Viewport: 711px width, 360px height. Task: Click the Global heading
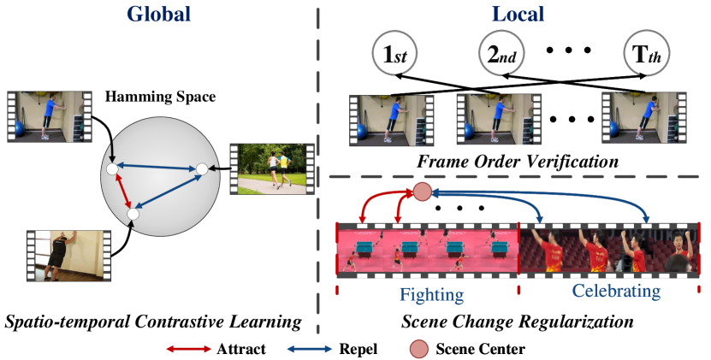click(x=158, y=15)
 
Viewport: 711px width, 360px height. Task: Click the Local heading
click(x=518, y=15)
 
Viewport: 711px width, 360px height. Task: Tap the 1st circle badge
click(x=393, y=56)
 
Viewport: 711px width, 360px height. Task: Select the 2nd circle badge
click(x=500, y=56)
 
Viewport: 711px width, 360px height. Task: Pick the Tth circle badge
click(x=648, y=56)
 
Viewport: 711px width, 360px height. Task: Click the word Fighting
click(x=431, y=296)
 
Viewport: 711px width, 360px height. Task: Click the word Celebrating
click(x=615, y=292)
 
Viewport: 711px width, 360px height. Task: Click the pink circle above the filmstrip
click(x=422, y=192)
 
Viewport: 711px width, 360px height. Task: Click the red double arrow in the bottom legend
click(x=188, y=349)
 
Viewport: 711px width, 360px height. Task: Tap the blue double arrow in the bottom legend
click(x=309, y=349)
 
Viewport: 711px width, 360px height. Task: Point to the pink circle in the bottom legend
click(x=418, y=349)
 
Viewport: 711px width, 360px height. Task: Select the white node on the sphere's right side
click(x=201, y=169)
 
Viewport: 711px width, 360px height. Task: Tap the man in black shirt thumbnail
click(x=68, y=255)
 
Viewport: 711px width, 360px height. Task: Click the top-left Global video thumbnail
click(x=49, y=117)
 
